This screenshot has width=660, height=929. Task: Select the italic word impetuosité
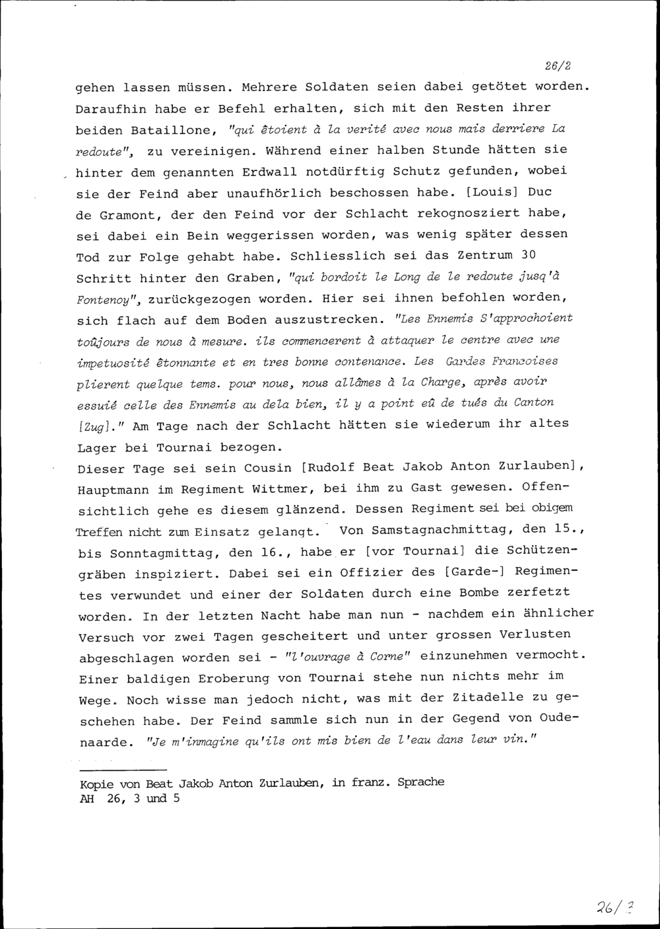click(112, 363)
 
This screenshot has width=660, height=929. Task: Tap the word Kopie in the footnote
click(94, 783)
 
